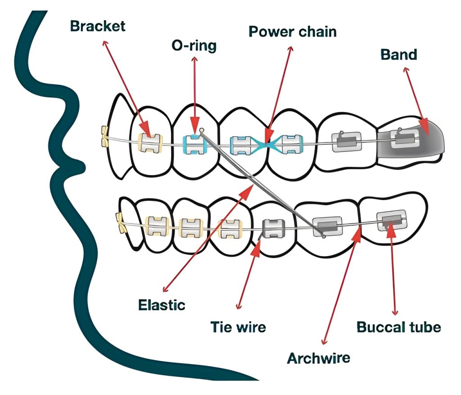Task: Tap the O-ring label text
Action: tap(194, 46)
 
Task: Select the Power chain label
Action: tap(293, 32)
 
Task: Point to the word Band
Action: tap(399, 54)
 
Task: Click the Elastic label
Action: tap(162, 304)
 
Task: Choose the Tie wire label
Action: tap(238, 327)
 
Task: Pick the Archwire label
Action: tap(319, 358)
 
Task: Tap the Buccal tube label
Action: tap(398, 327)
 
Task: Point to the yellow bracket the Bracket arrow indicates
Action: tap(149, 142)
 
